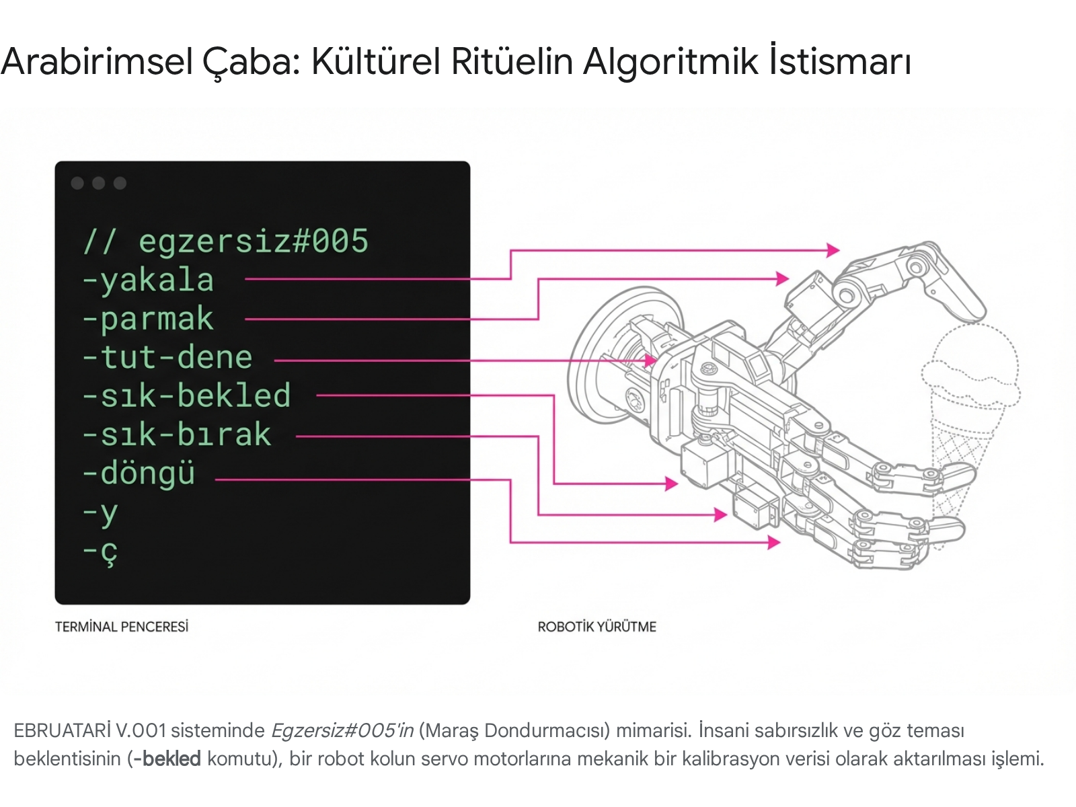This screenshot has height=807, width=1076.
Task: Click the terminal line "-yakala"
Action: pos(148,280)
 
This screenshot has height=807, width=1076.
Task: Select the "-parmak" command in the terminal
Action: pos(148,319)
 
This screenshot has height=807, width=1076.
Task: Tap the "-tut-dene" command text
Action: pos(167,358)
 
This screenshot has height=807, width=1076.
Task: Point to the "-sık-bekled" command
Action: pos(186,396)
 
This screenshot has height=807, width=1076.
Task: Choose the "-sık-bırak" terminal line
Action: pos(177,435)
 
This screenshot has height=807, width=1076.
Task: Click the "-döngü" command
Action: pos(139,474)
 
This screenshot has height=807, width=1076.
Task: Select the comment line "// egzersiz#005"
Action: pos(226,241)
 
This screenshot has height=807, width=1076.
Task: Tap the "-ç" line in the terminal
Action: pos(100,552)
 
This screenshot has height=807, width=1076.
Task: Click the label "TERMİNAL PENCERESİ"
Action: pos(122,627)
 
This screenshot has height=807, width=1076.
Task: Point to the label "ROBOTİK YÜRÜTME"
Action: pos(597,627)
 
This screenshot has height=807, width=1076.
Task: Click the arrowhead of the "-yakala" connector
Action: pos(834,250)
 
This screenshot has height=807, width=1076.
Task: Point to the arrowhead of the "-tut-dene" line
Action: pos(651,360)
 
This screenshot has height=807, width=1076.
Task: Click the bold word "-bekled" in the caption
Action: pos(167,759)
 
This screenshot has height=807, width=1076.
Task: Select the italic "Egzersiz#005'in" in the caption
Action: pos(342,730)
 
